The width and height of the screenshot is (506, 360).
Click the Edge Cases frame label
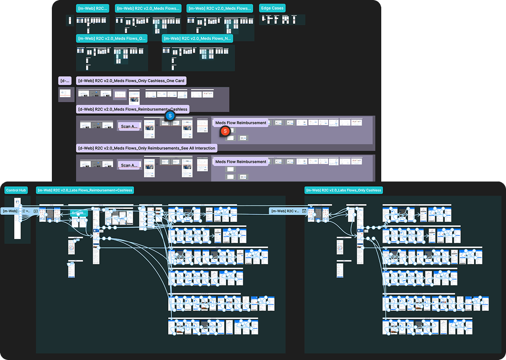(272, 8)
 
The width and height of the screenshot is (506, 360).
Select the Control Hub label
(16, 190)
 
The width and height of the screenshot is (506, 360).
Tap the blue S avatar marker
(170, 115)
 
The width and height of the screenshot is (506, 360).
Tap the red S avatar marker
(225, 131)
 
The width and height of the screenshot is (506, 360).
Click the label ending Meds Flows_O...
(112, 38)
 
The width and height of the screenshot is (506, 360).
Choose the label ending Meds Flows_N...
(197, 38)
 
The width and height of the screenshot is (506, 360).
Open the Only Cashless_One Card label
(131, 81)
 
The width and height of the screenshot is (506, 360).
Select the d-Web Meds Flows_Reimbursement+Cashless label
(133, 109)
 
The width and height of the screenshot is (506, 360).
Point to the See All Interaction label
(147, 148)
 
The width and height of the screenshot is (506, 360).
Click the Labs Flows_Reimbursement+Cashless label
(86, 190)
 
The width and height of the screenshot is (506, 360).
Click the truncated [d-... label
(64, 81)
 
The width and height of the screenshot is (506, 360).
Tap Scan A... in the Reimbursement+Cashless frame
(129, 126)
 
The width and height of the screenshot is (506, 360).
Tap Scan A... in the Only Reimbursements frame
(129, 165)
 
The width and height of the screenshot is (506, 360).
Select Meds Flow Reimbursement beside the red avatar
(241, 123)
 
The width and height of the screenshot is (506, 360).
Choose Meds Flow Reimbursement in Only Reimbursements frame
(241, 162)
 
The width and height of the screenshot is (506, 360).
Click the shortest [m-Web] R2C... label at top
(93, 8)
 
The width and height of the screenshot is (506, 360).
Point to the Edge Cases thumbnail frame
(282, 19)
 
